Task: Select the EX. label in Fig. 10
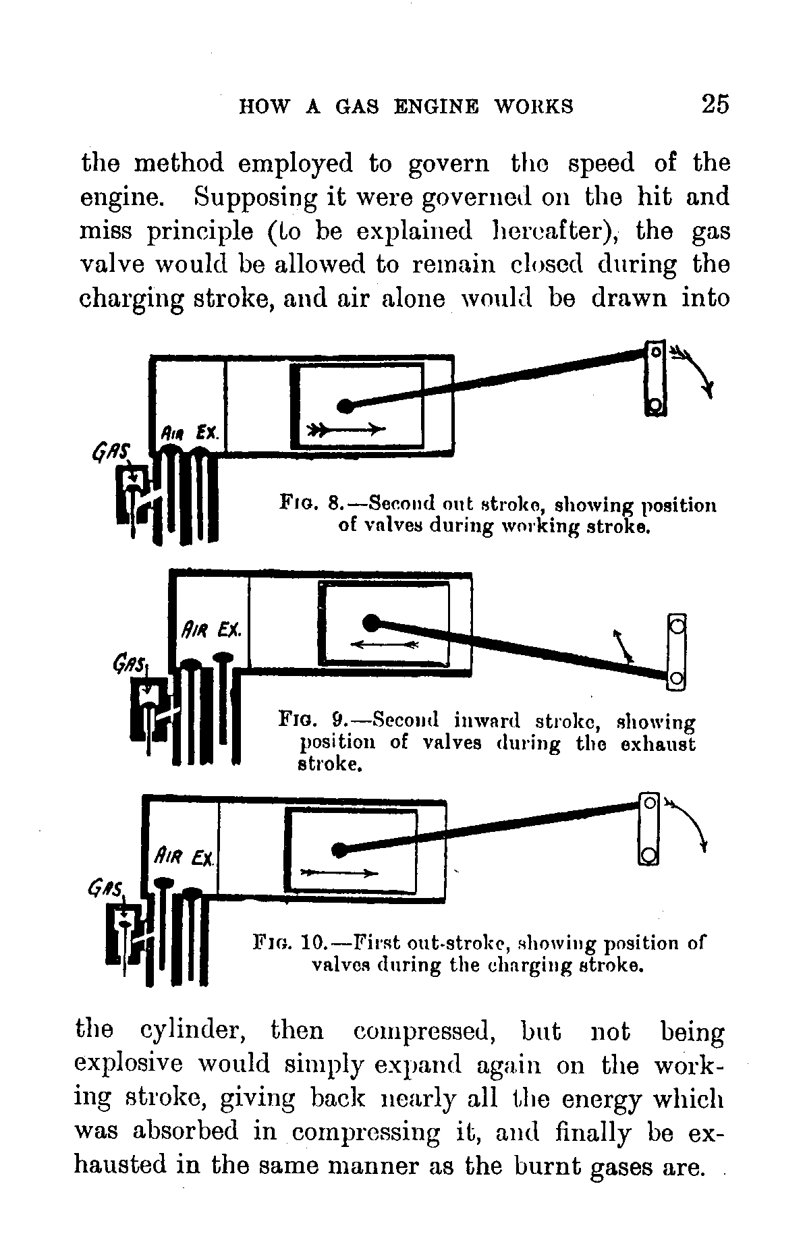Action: (202, 858)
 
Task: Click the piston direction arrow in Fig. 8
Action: (346, 429)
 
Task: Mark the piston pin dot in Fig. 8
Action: (345, 406)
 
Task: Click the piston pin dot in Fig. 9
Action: (370, 621)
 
